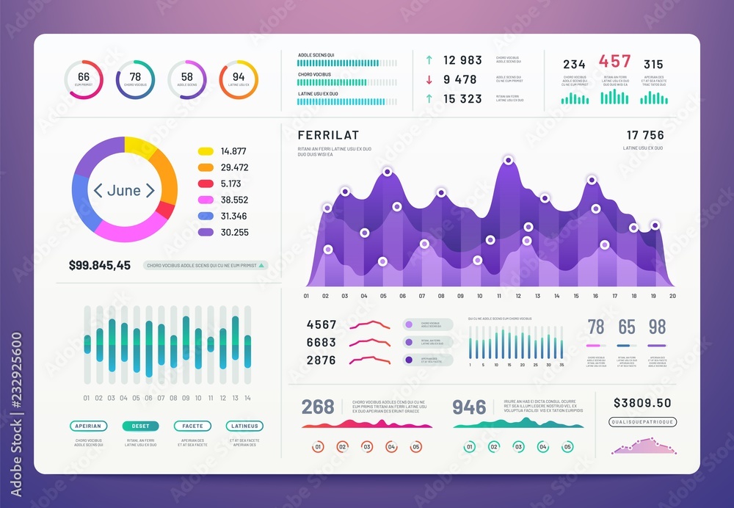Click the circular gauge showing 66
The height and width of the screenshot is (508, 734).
84,79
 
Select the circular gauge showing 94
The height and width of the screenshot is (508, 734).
239,79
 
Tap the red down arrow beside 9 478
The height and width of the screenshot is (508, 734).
428,79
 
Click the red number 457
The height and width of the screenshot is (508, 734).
614,62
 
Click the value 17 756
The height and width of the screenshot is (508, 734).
644,135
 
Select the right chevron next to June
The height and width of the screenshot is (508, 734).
150,190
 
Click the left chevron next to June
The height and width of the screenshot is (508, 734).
98,190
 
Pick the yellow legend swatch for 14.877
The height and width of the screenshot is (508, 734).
206,151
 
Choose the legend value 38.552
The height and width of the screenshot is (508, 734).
234,200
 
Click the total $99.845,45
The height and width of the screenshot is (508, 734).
100,265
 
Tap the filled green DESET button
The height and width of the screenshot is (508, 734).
140,426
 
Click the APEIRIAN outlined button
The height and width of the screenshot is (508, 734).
89,426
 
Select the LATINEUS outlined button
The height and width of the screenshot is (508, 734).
244,426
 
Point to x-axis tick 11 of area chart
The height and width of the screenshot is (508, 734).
498,296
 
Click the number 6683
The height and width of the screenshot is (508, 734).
321,342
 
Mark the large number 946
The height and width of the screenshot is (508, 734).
470,407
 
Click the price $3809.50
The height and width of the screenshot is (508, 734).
642,403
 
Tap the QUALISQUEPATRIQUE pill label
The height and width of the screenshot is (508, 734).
642,422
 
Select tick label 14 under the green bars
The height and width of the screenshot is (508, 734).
247,398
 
